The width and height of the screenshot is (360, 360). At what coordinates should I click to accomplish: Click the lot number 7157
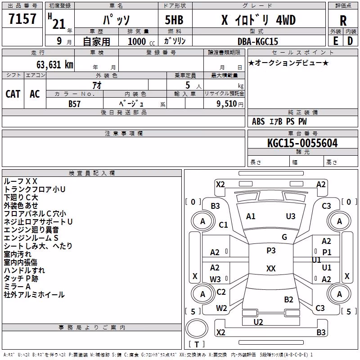tap(22, 19)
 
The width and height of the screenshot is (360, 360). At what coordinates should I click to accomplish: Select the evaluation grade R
tap(343, 21)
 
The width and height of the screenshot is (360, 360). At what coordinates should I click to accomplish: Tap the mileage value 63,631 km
tap(55, 65)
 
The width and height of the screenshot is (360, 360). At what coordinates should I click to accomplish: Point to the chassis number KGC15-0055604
tap(302, 143)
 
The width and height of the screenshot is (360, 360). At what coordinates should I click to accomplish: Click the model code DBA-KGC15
tap(257, 41)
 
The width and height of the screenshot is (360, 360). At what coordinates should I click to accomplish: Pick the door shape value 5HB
tap(174, 20)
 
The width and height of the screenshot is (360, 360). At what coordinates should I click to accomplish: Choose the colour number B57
tap(74, 104)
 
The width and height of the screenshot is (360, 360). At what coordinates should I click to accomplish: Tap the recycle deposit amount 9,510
tap(227, 104)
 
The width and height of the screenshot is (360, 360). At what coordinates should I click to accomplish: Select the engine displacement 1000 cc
tap(141, 41)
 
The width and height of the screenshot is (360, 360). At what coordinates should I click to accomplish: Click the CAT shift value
tap(13, 94)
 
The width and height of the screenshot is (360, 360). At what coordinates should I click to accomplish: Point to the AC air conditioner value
tap(35, 94)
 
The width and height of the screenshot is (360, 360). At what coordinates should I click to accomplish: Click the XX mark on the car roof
tap(271, 268)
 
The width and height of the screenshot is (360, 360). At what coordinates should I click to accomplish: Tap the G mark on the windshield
tap(284, 237)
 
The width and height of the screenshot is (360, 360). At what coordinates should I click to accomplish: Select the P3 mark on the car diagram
tap(271, 251)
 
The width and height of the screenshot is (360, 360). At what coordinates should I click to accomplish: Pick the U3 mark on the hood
tap(291, 216)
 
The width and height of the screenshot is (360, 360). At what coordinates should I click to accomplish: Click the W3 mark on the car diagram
tap(215, 279)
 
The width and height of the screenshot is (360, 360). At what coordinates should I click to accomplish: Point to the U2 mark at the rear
tap(258, 322)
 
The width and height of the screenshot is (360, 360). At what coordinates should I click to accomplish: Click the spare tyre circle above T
tap(197, 328)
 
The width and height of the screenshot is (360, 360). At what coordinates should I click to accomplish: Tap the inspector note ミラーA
tap(17, 287)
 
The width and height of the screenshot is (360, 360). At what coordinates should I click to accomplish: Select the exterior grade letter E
tap(335, 41)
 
